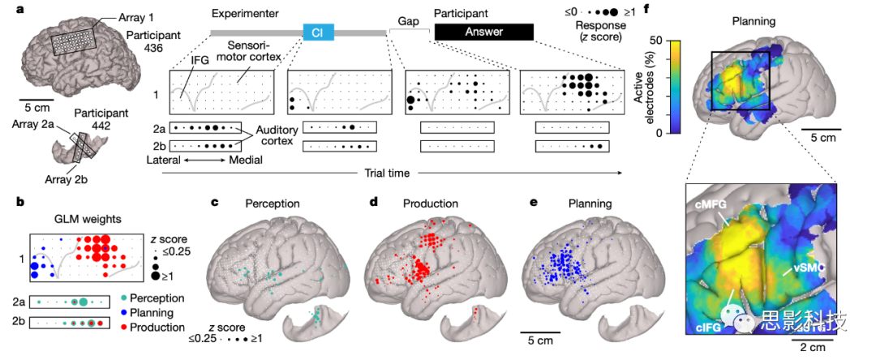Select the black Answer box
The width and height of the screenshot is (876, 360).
tap(483, 32)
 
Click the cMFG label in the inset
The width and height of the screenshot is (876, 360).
tap(711, 208)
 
